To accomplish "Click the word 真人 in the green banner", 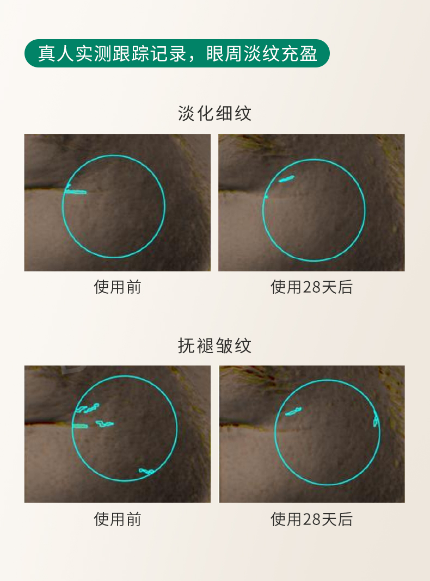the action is pyautogui.click(x=57, y=53).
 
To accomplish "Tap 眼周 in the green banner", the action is pyautogui.click(x=224, y=53).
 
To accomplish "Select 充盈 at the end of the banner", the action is pyautogui.click(x=299, y=53).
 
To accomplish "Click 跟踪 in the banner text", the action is pyautogui.click(x=131, y=53).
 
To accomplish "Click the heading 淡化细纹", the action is pyautogui.click(x=214, y=113).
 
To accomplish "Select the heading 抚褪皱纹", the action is pyautogui.click(x=214, y=345).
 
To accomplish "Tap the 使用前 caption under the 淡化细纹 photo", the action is pyautogui.click(x=118, y=287).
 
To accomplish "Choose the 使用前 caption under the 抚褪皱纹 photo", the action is pyautogui.click(x=118, y=519).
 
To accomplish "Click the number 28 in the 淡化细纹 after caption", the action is pyautogui.click(x=311, y=287).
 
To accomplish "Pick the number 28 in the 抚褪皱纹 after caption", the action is pyautogui.click(x=311, y=520).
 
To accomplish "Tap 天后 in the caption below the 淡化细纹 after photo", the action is pyautogui.click(x=336, y=287).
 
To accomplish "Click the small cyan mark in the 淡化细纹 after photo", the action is pyautogui.click(x=286, y=179).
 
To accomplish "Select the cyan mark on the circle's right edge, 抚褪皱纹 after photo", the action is pyautogui.click(x=375, y=419).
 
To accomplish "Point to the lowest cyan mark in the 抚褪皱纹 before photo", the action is pyautogui.click(x=146, y=471).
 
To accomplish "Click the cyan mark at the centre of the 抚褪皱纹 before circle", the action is pyautogui.click(x=105, y=424).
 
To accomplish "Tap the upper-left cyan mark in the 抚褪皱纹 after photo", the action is pyautogui.click(x=293, y=411).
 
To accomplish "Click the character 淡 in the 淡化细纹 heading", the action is pyautogui.click(x=187, y=113).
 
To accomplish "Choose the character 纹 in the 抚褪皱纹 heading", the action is pyautogui.click(x=243, y=345).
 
